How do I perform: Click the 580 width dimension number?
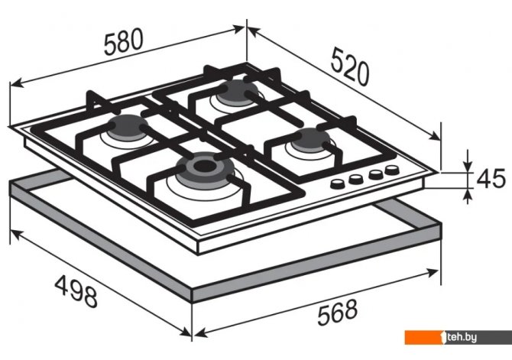tap(124, 41)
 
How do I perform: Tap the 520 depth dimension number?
tap(349, 67)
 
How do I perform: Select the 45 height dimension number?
tap(491, 179)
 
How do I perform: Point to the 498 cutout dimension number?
tap(76, 291)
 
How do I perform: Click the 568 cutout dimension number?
tap(337, 313)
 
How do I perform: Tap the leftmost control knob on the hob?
tap(338, 184)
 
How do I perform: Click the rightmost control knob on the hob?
tap(392, 170)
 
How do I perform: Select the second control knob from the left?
tap(355, 179)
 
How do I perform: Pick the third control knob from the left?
tap(376, 174)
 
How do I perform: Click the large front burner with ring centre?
tap(205, 170)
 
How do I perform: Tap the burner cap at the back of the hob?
tap(238, 92)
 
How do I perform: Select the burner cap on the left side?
tap(128, 128)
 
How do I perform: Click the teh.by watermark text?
tap(462, 337)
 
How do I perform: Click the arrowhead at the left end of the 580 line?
tap(16, 83)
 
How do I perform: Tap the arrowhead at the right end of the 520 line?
tap(435, 136)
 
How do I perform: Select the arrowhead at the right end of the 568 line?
tap(433, 272)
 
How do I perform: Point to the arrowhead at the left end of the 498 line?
tap(16, 234)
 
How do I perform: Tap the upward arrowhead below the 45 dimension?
tap(468, 195)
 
